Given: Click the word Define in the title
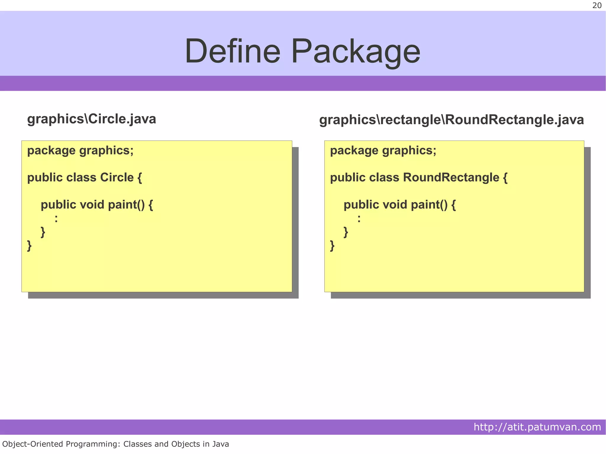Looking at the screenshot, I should click(x=232, y=51).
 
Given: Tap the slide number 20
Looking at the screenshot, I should click(x=597, y=6).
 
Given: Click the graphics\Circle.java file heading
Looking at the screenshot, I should click(x=91, y=119).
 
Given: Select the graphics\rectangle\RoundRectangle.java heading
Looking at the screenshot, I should click(x=451, y=120).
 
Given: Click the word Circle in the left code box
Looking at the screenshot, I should click(x=117, y=177).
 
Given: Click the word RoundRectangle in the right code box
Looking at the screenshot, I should click(x=451, y=177).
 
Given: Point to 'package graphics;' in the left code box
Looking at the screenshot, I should click(x=80, y=151).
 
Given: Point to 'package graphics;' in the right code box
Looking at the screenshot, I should click(x=383, y=151).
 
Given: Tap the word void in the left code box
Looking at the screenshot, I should click(x=92, y=205).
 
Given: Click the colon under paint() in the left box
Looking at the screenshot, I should click(x=56, y=219).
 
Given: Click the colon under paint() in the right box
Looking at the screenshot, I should click(x=359, y=219).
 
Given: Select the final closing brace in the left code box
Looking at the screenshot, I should click(x=29, y=245).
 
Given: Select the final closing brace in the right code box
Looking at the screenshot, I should click(x=332, y=245).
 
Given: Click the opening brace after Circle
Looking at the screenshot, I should click(x=140, y=178).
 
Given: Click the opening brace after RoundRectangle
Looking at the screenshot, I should click(x=505, y=178).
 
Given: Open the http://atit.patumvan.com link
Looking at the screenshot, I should click(x=537, y=427).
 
